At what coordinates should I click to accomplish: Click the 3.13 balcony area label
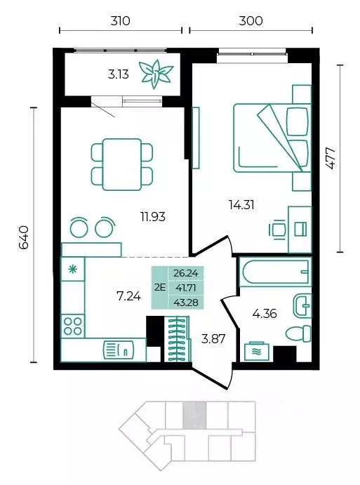pyautogui.click(x=119, y=74)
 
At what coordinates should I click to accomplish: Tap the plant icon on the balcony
pyautogui.click(x=156, y=74)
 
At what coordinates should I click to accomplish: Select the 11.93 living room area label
pyautogui.click(x=153, y=217)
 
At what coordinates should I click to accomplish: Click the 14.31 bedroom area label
pyautogui.click(x=241, y=205)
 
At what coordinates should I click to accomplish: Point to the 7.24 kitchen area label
pyautogui.click(x=128, y=296)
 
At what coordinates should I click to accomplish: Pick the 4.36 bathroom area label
pyautogui.click(x=265, y=314)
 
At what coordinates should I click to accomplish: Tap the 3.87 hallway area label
pyautogui.click(x=213, y=339)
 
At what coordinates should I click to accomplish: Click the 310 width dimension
pyautogui.click(x=120, y=21)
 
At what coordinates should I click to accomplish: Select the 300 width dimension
pyautogui.click(x=251, y=21)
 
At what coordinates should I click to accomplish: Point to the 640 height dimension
pyautogui.click(x=24, y=237)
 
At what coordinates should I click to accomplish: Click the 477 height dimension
pyautogui.click(x=331, y=158)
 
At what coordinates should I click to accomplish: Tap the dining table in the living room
pyautogui.click(x=122, y=164)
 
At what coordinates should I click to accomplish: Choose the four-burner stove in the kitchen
pyautogui.click(x=73, y=326)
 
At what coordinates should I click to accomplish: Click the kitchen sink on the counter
pyautogui.click(x=119, y=351)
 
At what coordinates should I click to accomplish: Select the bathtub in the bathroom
pyautogui.click(x=276, y=272)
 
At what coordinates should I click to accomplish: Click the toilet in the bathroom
pyautogui.click(x=298, y=334)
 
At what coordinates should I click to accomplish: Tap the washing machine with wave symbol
pyautogui.click(x=256, y=352)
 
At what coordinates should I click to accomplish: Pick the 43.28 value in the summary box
pyautogui.click(x=186, y=303)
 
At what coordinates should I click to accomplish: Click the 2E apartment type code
pyautogui.click(x=159, y=288)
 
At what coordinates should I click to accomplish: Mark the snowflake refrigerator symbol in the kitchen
pyautogui.click(x=73, y=269)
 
